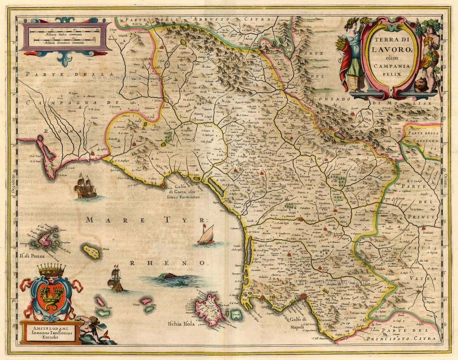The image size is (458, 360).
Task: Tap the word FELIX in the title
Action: pos(389,74)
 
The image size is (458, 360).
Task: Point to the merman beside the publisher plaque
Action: pos(92,327)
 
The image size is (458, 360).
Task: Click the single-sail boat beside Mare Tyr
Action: pos(206,235)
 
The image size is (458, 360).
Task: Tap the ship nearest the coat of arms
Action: pos(115,280)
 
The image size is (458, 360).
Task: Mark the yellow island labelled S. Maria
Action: pos(92,251)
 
